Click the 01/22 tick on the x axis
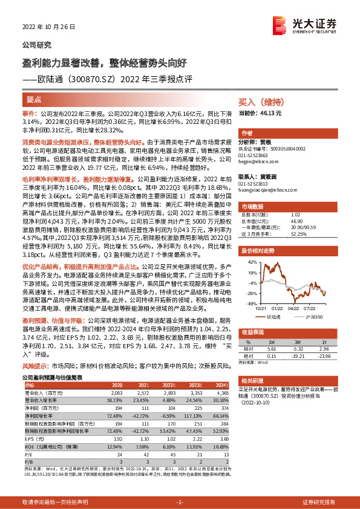pyautogui.click(x=278, y=307)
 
